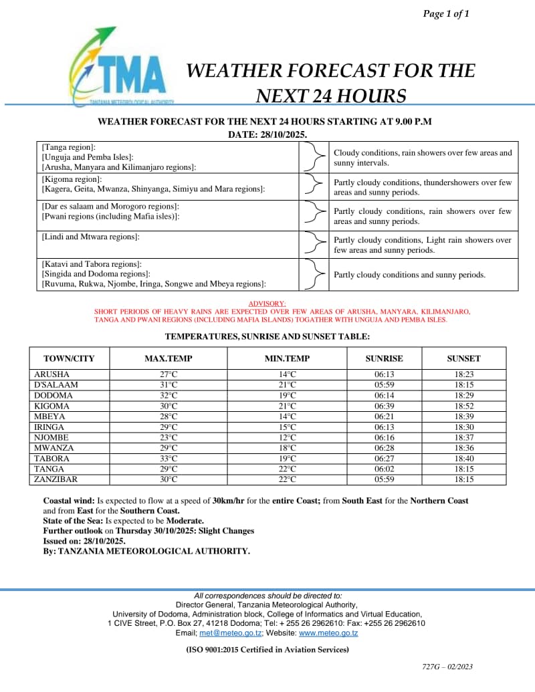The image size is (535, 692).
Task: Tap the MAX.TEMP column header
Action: pos(168,358)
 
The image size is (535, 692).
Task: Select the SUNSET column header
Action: pos(463,358)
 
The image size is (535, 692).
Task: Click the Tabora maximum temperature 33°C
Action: pos(168,459)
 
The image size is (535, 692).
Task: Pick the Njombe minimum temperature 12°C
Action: pos(288,437)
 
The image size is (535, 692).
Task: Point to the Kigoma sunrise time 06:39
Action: pos(384,406)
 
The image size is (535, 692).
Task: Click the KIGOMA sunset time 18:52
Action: pos(463,406)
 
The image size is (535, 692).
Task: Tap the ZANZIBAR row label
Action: pos(56,479)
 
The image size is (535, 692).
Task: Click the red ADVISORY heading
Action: pos(267,304)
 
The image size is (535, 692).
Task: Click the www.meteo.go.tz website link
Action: pos(328,632)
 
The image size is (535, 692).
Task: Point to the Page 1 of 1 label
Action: pos(446,13)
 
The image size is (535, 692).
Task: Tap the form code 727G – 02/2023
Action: pos(447,667)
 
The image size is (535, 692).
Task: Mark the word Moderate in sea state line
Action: pos(185,520)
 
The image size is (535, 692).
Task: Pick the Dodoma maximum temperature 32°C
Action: pos(168,395)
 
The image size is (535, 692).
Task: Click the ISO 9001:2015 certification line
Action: pos(267,649)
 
